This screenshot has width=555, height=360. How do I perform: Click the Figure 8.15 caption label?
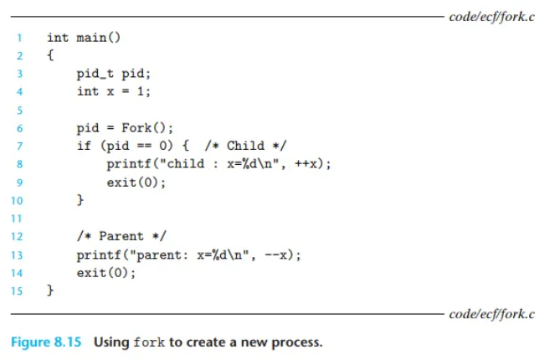point(47,342)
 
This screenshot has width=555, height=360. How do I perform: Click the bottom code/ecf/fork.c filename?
point(491,314)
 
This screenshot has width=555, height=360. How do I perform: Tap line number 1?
point(18,38)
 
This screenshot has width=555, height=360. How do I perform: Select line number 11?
point(17,219)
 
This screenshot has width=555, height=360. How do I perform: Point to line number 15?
point(17,291)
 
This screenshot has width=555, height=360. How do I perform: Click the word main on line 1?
point(91,38)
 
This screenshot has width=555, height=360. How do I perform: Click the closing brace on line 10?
point(80,200)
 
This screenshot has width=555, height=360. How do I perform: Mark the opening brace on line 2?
point(50,56)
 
